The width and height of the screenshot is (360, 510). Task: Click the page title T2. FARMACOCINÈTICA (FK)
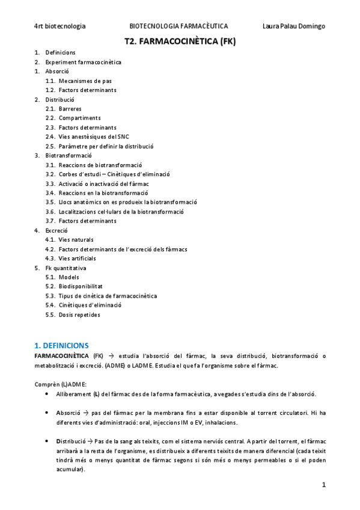click(180, 41)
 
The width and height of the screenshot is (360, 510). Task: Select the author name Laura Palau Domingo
click(294, 26)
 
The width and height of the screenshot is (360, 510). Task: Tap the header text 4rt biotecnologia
click(59, 26)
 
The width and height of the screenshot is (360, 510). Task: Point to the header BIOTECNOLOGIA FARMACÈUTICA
click(178, 26)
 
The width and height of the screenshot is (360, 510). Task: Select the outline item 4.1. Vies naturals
click(76, 239)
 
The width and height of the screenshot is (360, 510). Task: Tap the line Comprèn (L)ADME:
click(60, 384)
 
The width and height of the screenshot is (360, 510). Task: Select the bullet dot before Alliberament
click(47, 394)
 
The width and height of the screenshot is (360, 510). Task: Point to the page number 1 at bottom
click(323, 484)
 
